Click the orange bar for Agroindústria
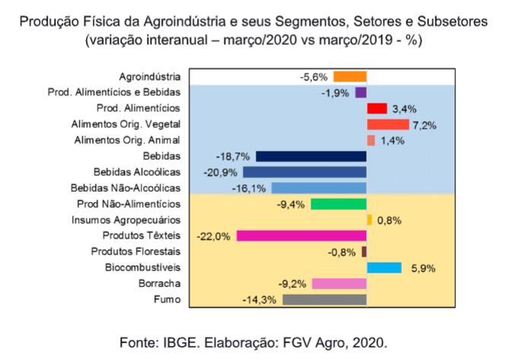pyautogui.click(x=350, y=76)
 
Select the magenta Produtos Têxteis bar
pyautogui.click(x=301, y=235)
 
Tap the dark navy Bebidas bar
pyautogui.click(x=310, y=156)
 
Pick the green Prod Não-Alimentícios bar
pyautogui.click(x=339, y=203)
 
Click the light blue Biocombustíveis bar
pyautogui.click(x=383, y=267)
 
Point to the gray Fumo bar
pyautogui.click(x=324, y=299)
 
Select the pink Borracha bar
pyautogui.click(x=339, y=283)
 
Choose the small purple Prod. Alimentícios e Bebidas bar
pyautogui.click(x=361, y=92)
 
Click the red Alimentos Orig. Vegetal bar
pyautogui.click(x=387, y=124)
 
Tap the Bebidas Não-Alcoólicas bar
pyautogui.click(x=319, y=188)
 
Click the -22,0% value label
pyautogui.click(x=213, y=236)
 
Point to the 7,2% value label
pyautogui.click(x=425, y=125)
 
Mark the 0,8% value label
pyautogui.click(x=388, y=220)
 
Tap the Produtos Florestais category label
pyautogui.click(x=135, y=251)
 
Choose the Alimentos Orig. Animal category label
pyautogui.click(x=127, y=140)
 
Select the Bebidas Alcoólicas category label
pyautogui.click(x=136, y=172)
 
